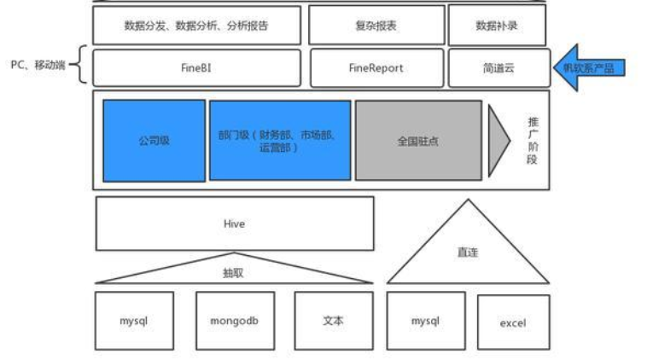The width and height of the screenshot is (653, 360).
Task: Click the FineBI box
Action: pos(196,67)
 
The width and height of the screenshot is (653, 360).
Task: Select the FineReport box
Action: pos(376,67)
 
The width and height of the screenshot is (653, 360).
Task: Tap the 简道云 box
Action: pos(498,67)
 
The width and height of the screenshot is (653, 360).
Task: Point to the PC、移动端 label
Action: pos(38,65)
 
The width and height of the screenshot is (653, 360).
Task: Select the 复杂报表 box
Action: pos(376,26)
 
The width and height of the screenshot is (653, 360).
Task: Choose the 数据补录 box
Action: pos(498,26)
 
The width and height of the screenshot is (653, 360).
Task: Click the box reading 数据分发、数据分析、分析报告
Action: pos(196,26)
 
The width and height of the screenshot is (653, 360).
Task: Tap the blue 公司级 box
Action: pos(154,140)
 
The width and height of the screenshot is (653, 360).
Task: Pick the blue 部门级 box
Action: pos(279,140)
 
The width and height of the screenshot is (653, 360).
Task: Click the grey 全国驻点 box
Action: pos(417,140)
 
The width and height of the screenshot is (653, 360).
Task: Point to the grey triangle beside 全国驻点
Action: pos(497,140)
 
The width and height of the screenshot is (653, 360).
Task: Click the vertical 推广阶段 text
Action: pos(532,140)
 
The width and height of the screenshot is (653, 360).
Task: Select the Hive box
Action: pos(234,224)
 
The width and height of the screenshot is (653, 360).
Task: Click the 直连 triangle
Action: pos(467,252)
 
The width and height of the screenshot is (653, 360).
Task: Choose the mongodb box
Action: pos(234,322)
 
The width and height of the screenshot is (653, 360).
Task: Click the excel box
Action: pos(512,322)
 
